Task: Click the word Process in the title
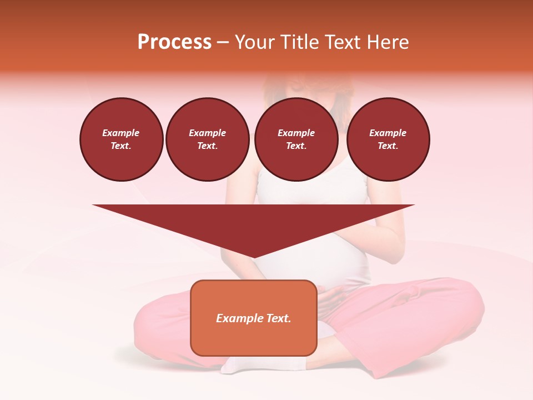174,42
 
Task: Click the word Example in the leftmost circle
121,133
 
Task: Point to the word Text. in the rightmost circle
388,146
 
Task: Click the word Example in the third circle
296,133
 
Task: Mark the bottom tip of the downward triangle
254,257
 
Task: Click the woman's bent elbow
398,253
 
